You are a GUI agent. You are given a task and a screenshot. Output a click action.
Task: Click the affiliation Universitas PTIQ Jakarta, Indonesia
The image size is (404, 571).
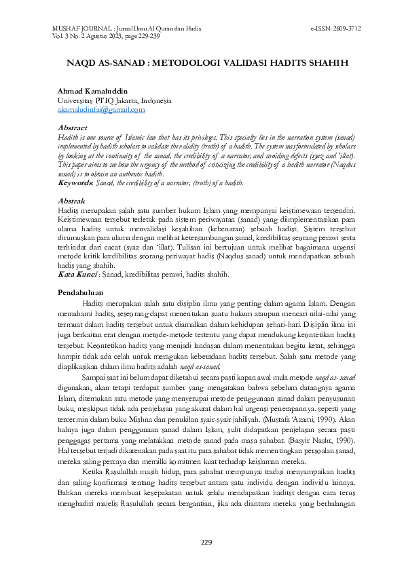click(x=115, y=100)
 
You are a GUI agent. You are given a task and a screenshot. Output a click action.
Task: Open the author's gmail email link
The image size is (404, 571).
click(x=101, y=109)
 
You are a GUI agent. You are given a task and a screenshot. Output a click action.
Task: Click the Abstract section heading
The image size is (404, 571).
click(x=73, y=127)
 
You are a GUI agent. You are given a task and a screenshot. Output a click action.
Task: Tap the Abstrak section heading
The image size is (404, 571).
click(x=71, y=201)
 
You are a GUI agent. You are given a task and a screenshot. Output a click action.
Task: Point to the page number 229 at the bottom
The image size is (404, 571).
click(x=206, y=541)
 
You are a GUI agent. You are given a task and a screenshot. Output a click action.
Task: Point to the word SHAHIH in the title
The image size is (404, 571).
click(x=326, y=62)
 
